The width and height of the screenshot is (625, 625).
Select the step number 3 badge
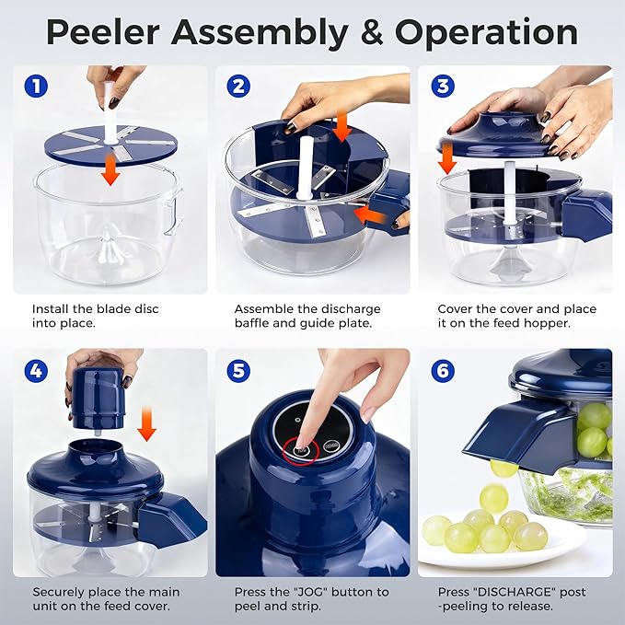[x=443, y=87]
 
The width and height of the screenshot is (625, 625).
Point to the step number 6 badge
[x=443, y=371]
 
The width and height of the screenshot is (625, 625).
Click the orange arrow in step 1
[x=110, y=169]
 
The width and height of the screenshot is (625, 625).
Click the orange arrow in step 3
[x=447, y=160]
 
